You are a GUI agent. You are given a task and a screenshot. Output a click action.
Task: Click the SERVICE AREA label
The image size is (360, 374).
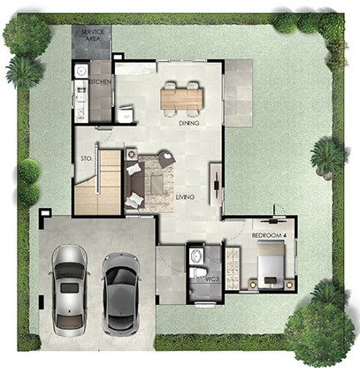(93, 34)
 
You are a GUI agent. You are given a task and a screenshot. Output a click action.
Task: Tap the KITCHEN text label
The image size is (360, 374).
(100, 82)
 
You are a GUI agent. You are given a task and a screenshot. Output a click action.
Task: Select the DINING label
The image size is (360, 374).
(189, 123)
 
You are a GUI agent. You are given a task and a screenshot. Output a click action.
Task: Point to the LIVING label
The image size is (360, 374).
(185, 197)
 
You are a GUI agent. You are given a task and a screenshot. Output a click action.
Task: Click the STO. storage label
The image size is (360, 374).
(87, 158)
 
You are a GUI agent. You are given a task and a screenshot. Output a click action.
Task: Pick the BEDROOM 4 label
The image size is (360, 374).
(269, 235)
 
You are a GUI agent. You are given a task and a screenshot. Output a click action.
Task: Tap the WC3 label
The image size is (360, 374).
(212, 279)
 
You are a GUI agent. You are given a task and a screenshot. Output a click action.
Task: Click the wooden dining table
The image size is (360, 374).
(182, 99)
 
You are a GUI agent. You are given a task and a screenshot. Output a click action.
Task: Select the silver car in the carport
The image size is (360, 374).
(69, 290)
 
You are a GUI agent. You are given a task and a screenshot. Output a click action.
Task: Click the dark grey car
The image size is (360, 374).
(121, 294)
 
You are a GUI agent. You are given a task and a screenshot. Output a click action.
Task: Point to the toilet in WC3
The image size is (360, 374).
(197, 272)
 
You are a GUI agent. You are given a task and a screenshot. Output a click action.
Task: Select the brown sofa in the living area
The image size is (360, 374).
(135, 185)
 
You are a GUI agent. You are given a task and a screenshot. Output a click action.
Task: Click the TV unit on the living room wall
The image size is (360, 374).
(216, 184)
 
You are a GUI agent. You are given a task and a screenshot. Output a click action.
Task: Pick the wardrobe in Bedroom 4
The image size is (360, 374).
(233, 268)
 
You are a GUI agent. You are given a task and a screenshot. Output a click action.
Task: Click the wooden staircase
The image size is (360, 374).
(98, 183)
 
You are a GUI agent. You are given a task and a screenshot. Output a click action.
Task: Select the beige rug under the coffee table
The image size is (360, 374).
(157, 183)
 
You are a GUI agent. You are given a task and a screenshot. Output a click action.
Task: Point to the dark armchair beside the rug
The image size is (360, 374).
(167, 158)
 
